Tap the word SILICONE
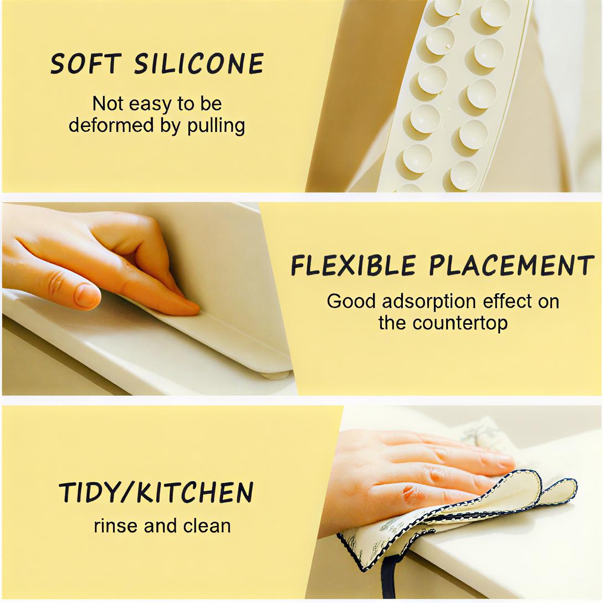point(199,64)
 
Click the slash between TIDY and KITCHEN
point(125,493)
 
